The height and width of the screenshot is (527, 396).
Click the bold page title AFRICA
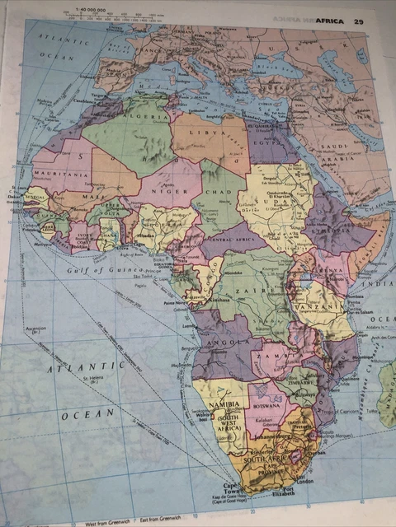coord(332,21)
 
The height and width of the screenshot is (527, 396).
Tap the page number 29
coord(358,21)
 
